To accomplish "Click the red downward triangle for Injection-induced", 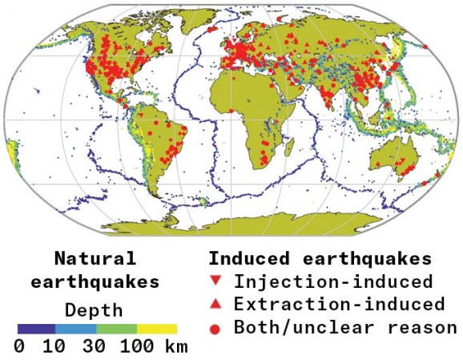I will point(215,281).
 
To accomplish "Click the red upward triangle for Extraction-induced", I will point(215,305).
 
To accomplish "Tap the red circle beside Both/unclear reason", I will point(215,328).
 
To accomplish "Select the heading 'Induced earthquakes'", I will point(320,259).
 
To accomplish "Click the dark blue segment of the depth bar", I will point(36,328).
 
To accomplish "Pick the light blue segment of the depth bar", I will point(76,328).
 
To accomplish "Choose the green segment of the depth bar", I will point(116,328).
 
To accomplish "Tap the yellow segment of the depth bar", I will point(157,328).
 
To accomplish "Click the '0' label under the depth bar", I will point(18,347).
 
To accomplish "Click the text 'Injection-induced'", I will point(333,281).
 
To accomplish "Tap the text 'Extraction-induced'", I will point(339,305).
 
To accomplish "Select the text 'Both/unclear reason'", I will point(344,328).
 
